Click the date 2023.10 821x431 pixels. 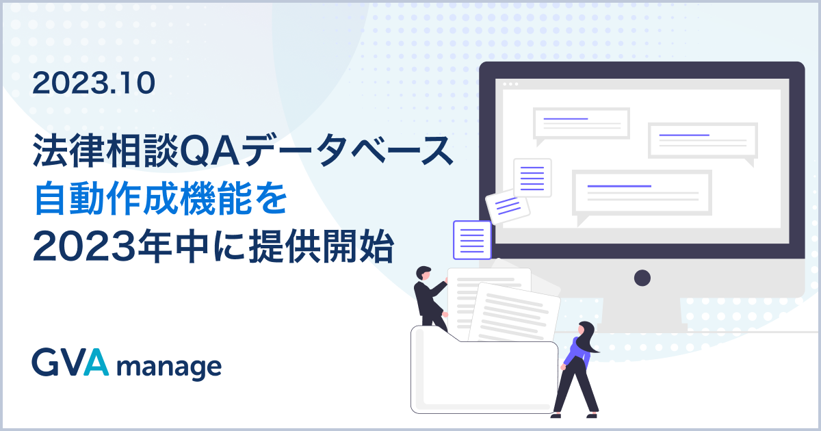tap(94, 83)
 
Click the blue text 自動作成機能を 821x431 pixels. tap(159, 199)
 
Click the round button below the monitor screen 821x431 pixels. tap(642, 278)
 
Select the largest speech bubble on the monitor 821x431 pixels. tap(641, 194)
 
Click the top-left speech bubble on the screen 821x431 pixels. tap(581, 124)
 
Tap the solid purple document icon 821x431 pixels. tap(472, 239)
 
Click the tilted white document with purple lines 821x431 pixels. tap(507, 205)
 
